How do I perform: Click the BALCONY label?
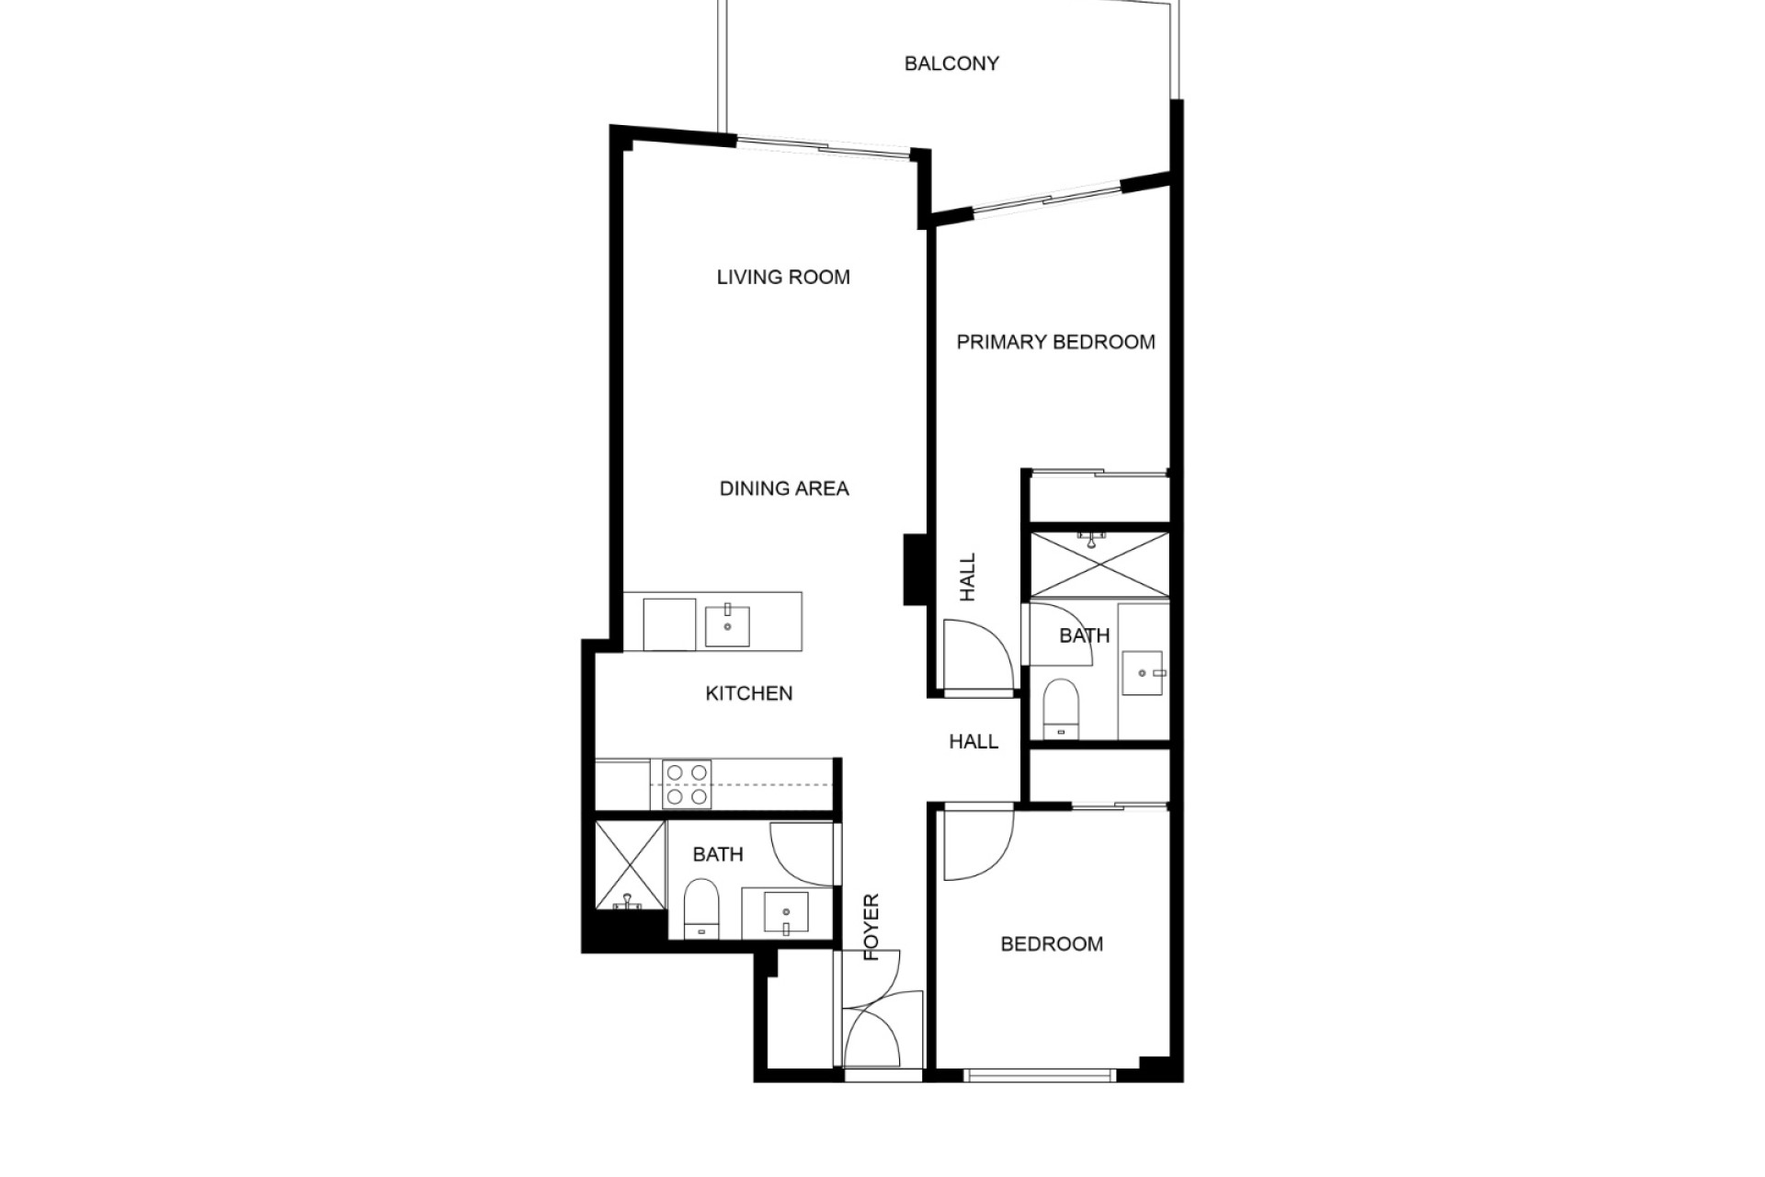pyautogui.click(x=951, y=63)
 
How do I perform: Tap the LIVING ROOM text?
pyautogui.click(x=783, y=277)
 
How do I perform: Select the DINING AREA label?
pyautogui.click(x=784, y=488)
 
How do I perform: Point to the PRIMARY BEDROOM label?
pyautogui.click(x=1055, y=342)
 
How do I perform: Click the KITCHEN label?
pyautogui.click(x=748, y=693)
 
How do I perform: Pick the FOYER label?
pyautogui.click(x=871, y=927)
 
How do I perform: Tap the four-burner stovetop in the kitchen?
pyautogui.click(x=687, y=784)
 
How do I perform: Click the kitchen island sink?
pyautogui.click(x=727, y=625)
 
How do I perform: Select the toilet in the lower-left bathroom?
pyautogui.click(x=701, y=908)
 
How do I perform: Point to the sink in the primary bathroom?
pyautogui.click(x=1143, y=673)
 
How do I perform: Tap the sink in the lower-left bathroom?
pyautogui.click(x=787, y=913)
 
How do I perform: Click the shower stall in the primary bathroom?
pyautogui.click(x=1099, y=565)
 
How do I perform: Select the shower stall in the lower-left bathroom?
pyautogui.click(x=630, y=865)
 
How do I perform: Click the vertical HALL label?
pyautogui.click(x=967, y=577)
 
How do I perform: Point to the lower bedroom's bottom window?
pyautogui.click(x=1039, y=1073)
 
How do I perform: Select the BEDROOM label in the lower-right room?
pyautogui.click(x=1052, y=944)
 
